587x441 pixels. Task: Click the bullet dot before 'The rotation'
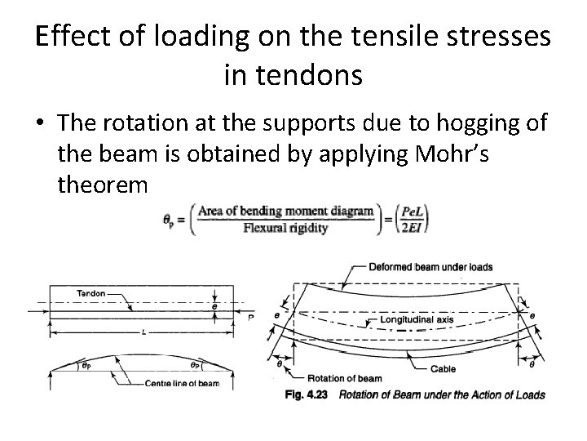(41, 125)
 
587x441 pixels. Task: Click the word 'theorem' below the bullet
(103, 185)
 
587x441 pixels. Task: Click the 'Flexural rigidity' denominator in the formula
(285, 229)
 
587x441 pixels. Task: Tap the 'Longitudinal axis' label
(417, 319)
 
